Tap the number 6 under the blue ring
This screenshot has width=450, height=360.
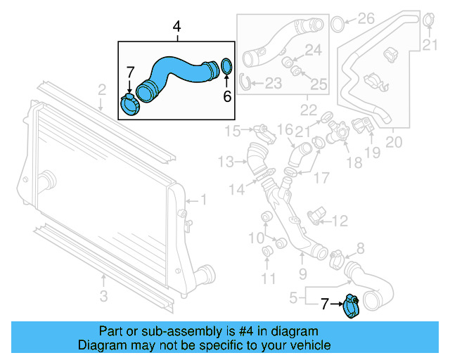coord(227,96)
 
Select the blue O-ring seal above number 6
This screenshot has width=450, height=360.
coord(226,67)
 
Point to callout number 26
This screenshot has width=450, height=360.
coord(366,18)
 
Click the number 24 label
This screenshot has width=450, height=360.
coord(313,50)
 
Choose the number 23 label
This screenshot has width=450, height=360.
coord(274,84)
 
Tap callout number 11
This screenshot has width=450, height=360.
coord(269,278)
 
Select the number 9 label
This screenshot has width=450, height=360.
coord(302,274)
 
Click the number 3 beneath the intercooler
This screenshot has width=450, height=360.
coord(103,297)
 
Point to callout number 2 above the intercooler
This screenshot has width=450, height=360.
coord(101,89)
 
